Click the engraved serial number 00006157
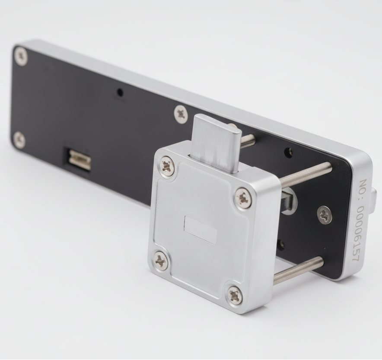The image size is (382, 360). click(360, 234)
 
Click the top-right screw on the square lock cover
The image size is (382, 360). click(244, 198)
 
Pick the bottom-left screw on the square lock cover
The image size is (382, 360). click(161, 261)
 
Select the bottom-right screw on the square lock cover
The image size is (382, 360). click(235, 296)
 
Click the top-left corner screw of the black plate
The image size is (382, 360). click(20, 56)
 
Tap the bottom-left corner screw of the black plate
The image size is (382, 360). click(19, 139)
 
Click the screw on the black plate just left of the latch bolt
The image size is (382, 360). click(181, 114)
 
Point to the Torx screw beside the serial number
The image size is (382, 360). click(325, 215)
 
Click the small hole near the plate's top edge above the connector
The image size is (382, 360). click(120, 92)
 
